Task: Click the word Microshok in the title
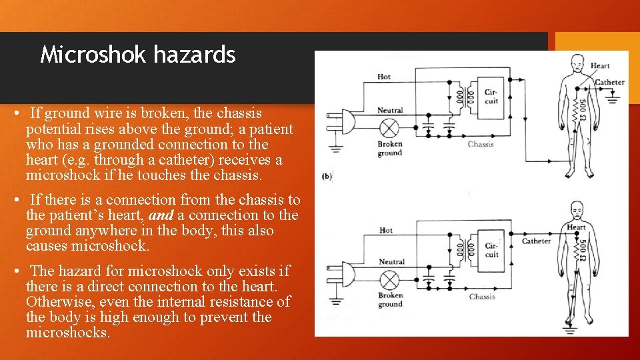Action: [x=93, y=54]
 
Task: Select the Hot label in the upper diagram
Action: [x=384, y=77]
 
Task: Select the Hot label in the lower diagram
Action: [x=386, y=230]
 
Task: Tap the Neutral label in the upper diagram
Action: [x=390, y=110]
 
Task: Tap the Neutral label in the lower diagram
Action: [x=391, y=261]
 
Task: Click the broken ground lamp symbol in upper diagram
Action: [x=389, y=128]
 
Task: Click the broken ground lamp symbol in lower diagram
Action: [x=389, y=280]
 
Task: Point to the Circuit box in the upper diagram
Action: [x=491, y=97]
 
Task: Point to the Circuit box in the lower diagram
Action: [x=491, y=251]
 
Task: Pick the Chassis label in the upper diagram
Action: [x=481, y=144]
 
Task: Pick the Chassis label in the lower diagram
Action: [x=481, y=297]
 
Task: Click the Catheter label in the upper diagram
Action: [x=609, y=82]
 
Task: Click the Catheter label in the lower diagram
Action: [x=536, y=241]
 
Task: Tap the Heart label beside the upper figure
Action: [x=599, y=66]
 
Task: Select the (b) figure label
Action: [x=327, y=176]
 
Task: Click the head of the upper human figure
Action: [x=577, y=64]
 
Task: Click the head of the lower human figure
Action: [x=576, y=210]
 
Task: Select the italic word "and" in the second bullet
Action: [x=161, y=215]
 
